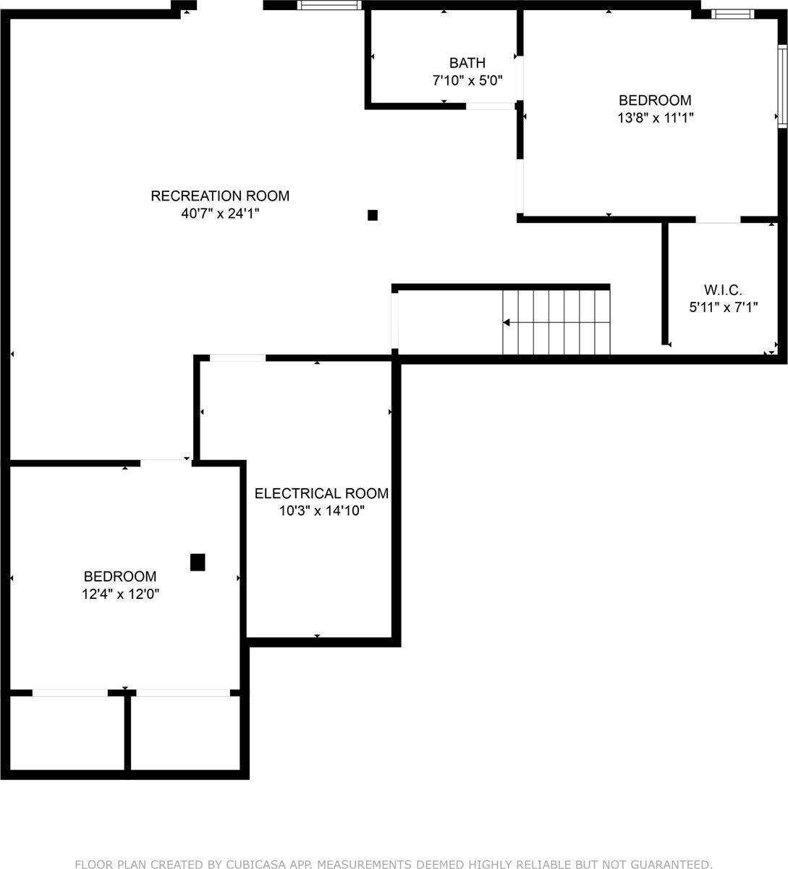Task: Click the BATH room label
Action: tap(467, 63)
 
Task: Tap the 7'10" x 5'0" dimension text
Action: tap(467, 80)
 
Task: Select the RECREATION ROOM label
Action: tap(220, 196)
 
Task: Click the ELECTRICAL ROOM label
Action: tap(321, 493)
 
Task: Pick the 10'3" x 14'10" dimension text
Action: tap(321, 511)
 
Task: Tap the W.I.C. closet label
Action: tap(723, 289)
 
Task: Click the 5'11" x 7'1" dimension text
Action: tap(723, 307)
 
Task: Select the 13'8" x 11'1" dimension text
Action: tap(655, 118)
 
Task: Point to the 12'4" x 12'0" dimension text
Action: tap(120, 595)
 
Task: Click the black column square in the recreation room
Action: tap(373, 215)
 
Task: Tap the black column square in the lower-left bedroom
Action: tap(198, 562)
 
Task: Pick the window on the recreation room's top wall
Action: tap(329, 6)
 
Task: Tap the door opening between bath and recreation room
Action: tap(490, 106)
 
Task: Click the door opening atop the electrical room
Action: tap(237, 358)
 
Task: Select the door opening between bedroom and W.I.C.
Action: tap(718, 219)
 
